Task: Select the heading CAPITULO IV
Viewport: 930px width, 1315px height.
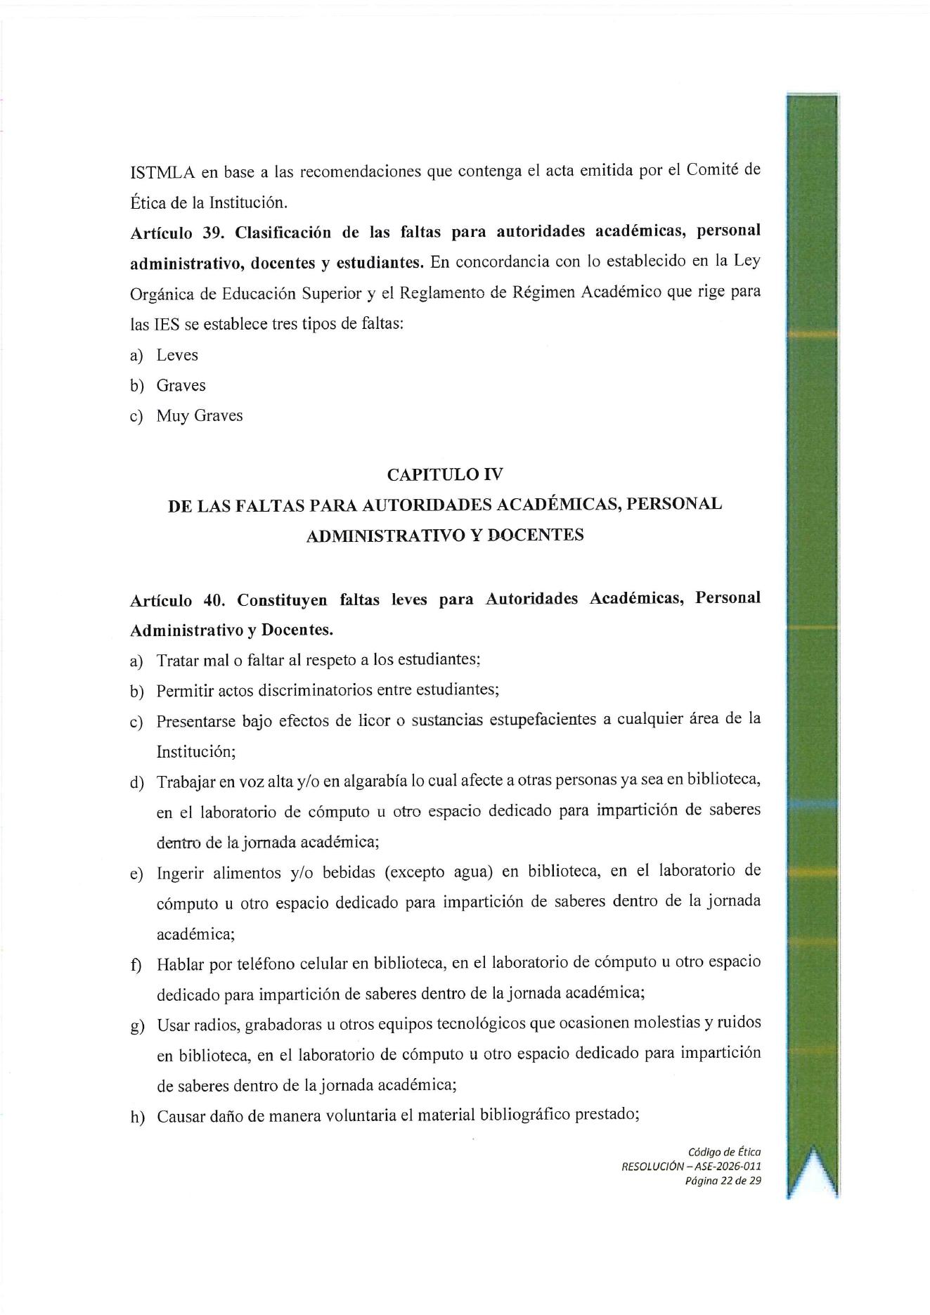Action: tap(445, 474)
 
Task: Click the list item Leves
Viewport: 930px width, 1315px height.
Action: tap(177, 355)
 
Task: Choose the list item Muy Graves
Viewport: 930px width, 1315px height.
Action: tap(200, 415)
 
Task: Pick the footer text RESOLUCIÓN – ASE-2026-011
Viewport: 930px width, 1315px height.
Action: tap(690, 1166)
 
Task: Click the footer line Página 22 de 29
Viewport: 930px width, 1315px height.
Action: tap(722, 1180)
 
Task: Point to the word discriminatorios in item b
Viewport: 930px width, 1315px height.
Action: tap(315, 690)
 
